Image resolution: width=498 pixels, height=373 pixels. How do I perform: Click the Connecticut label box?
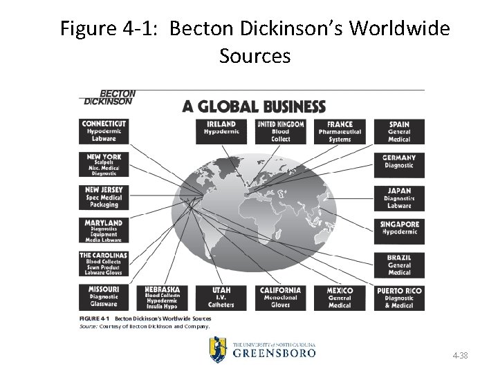(103, 131)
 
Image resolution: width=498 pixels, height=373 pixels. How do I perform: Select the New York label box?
(103, 165)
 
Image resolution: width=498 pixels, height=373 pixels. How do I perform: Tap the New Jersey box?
(103, 198)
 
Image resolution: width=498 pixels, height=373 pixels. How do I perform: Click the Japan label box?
(400, 198)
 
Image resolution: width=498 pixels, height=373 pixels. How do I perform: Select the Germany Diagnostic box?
(400, 162)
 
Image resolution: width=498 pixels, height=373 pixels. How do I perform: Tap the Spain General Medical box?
(400, 131)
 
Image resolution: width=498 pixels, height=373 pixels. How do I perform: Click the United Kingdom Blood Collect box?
(281, 131)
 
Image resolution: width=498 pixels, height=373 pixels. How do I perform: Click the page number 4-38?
(459, 356)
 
